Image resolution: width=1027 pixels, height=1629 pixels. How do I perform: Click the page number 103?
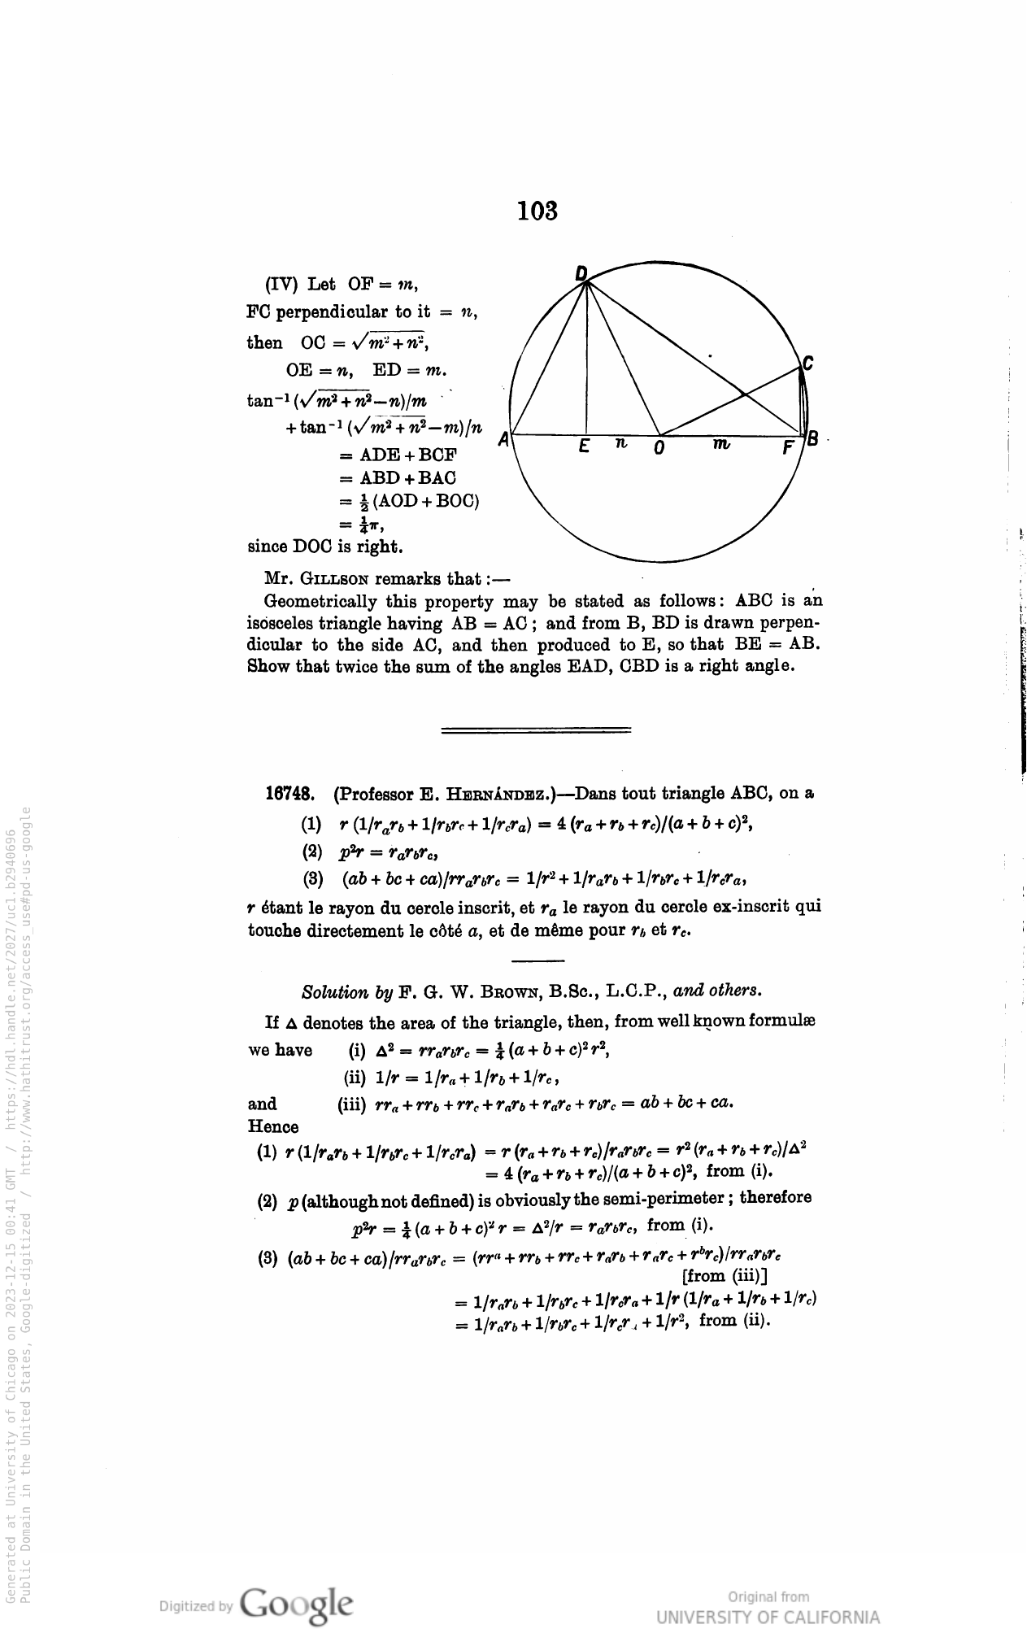(x=537, y=211)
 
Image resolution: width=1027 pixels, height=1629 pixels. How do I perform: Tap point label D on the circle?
(x=581, y=274)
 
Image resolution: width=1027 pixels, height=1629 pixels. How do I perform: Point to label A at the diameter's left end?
(x=504, y=440)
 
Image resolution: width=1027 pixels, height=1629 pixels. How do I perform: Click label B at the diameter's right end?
(x=812, y=440)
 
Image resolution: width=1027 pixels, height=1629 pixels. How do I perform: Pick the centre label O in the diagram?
(x=659, y=448)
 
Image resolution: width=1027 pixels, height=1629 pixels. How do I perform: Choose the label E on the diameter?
(x=584, y=447)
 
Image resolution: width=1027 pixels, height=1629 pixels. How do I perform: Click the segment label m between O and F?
(x=721, y=444)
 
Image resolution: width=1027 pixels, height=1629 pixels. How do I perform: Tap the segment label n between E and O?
(x=620, y=444)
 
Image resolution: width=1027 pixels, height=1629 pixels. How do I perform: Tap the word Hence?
(x=272, y=1126)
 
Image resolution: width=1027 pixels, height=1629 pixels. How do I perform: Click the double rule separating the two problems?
(x=535, y=730)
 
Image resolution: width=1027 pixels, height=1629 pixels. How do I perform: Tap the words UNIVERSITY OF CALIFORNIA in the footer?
(x=768, y=1617)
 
